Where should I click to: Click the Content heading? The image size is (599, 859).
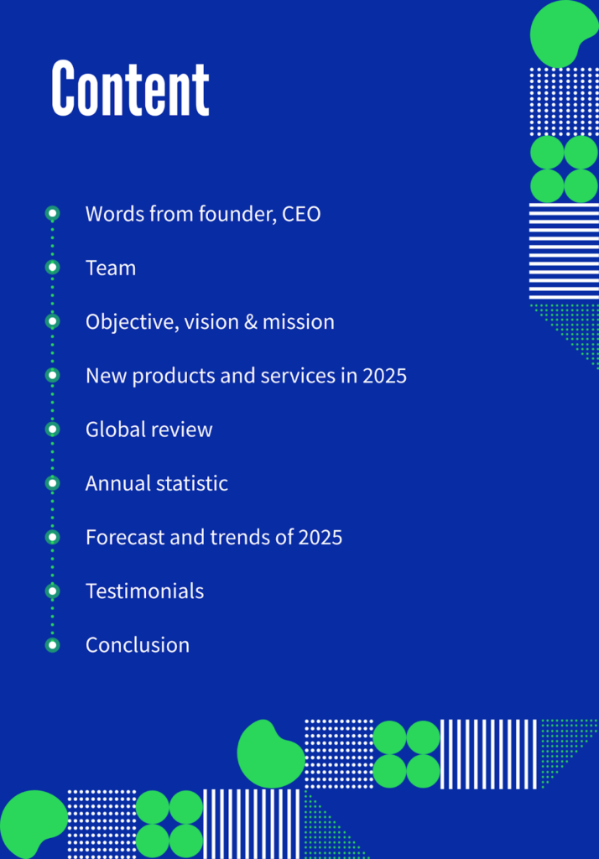coord(130,88)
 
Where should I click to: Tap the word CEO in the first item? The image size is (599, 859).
coord(301,214)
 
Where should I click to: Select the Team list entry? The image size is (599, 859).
coord(111,268)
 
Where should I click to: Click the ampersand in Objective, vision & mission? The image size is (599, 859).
coord(251,321)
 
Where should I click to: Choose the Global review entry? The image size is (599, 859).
coord(149,429)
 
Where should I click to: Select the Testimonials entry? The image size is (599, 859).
coord(144,591)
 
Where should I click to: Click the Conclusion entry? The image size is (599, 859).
coord(138,645)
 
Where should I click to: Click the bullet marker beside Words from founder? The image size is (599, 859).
coord(53,213)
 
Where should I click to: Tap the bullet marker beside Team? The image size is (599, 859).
coord(53,268)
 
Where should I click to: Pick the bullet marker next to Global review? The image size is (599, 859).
coord(53,429)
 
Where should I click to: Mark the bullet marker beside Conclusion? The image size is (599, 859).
coord(53,645)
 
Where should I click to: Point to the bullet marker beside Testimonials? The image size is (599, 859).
coord(53,591)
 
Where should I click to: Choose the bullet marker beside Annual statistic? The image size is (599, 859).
coord(53,482)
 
